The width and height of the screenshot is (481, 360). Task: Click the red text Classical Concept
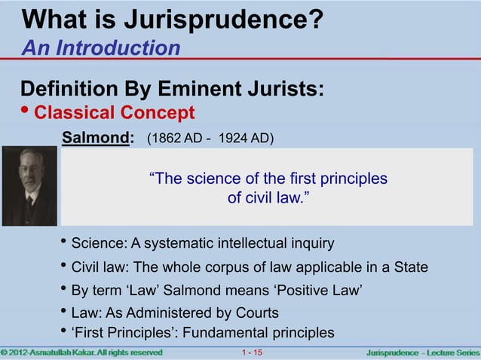(x=115, y=113)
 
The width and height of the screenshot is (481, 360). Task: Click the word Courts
(x=254, y=313)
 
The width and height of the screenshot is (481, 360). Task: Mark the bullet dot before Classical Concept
(x=27, y=113)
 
